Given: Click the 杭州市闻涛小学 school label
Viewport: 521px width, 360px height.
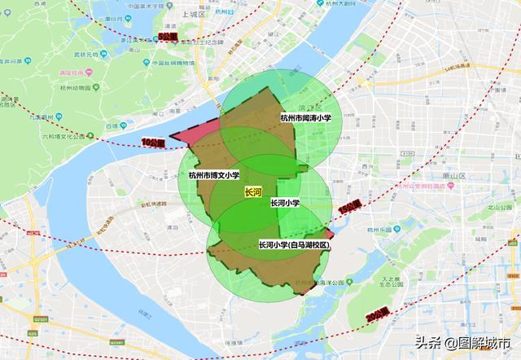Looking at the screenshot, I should coord(305,117).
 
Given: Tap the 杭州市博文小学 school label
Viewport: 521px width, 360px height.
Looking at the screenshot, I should coord(214,174).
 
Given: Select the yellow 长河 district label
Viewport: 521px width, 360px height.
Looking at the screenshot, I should coord(253,192).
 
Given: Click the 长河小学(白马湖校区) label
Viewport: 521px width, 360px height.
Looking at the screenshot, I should coord(293,245).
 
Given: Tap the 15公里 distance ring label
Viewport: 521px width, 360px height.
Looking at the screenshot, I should coord(348,209).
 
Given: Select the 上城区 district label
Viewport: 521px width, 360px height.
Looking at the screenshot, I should coord(194,14).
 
